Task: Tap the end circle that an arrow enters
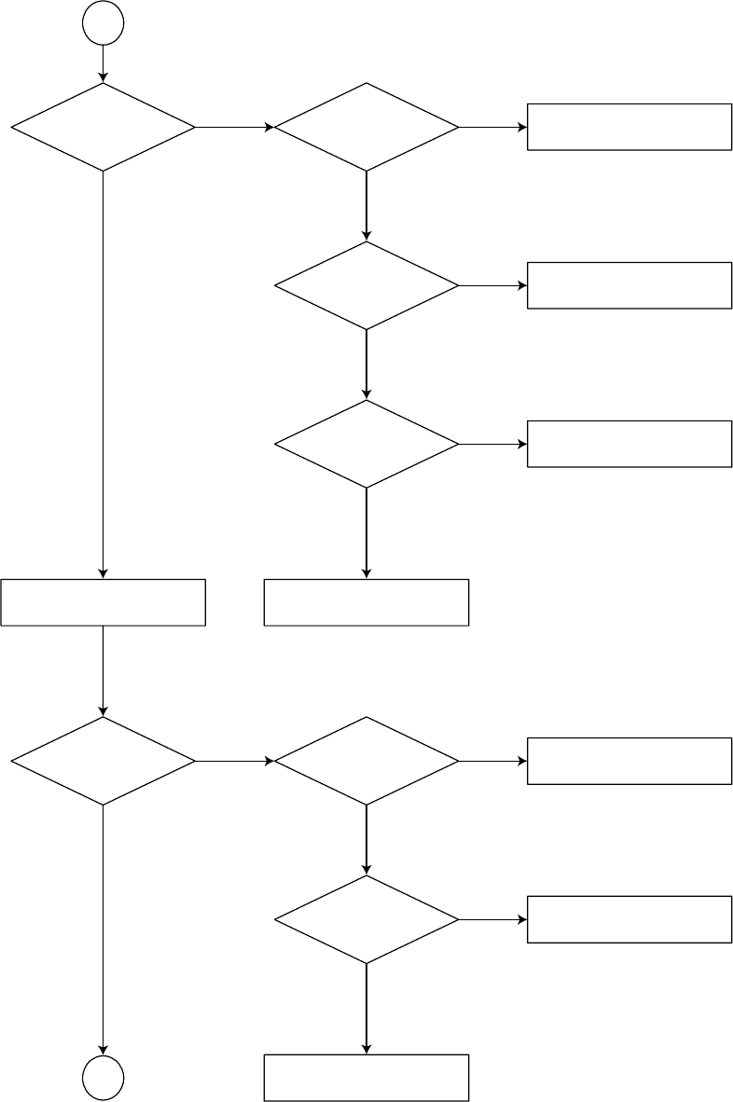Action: click(x=103, y=1079)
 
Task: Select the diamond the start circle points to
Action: click(x=103, y=127)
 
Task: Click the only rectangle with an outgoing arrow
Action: click(x=103, y=602)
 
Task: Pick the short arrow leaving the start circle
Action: click(x=103, y=63)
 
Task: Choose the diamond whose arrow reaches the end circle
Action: click(x=103, y=761)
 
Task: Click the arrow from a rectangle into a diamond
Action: click(x=103, y=671)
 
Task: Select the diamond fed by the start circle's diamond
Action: click(x=366, y=127)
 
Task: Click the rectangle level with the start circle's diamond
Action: click(x=629, y=127)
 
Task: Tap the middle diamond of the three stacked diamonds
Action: click(x=366, y=285)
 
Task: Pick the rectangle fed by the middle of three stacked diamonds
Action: click(x=629, y=285)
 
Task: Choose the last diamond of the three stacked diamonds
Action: click(x=366, y=444)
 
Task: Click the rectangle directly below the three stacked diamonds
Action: click(x=366, y=602)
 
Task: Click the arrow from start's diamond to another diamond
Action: click(x=233, y=127)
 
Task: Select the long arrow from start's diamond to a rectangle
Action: click(x=103, y=373)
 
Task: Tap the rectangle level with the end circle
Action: click(x=366, y=1078)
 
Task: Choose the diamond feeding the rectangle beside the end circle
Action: click(x=366, y=919)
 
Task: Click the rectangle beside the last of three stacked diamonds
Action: click(x=629, y=444)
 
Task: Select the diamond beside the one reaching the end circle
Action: click(x=366, y=761)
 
